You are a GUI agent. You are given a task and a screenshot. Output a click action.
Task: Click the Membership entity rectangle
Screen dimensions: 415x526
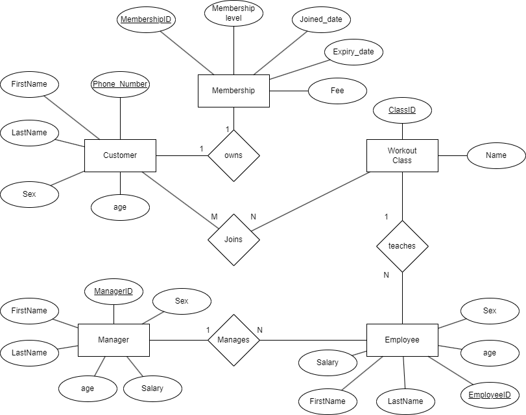coord(233,91)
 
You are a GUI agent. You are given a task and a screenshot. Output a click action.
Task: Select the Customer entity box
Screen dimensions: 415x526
coord(120,155)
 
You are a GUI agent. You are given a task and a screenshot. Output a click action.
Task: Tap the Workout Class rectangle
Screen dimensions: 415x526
coord(402,155)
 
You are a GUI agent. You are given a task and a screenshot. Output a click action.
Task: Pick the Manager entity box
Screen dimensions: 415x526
coord(114,340)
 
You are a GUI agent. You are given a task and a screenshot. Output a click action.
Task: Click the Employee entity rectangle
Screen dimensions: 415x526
coord(402,340)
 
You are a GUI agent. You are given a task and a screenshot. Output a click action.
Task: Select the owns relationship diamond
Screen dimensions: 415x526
coord(233,155)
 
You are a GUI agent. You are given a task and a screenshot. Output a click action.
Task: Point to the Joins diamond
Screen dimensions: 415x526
coord(233,240)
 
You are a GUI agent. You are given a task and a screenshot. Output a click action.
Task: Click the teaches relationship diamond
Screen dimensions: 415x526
coord(402,246)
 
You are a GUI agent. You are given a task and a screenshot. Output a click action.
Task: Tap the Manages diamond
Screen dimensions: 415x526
coord(233,340)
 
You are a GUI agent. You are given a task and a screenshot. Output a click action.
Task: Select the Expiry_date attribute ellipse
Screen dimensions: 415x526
coord(353,52)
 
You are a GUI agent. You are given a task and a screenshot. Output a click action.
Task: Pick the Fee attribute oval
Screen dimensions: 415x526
coord(337,91)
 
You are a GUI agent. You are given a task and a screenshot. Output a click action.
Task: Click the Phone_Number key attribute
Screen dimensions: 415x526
coord(120,84)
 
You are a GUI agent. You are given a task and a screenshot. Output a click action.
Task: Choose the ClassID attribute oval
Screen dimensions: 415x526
coord(402,111)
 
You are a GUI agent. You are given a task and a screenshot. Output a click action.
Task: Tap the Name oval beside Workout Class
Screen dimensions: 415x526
coord(496,155)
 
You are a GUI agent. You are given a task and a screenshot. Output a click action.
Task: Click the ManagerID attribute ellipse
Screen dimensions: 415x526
coord(114,292)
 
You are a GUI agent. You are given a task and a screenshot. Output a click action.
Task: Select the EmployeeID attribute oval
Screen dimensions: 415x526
coord(490,395)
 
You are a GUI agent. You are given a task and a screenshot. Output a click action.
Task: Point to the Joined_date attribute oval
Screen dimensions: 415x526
coord(321,19)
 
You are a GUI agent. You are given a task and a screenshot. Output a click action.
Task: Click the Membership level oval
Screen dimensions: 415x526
coord(233,14)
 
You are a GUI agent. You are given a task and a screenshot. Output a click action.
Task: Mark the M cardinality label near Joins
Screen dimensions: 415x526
coord(213,216)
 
